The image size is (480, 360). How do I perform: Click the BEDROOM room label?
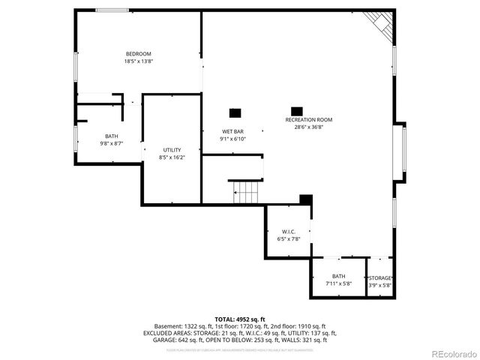point(138,54)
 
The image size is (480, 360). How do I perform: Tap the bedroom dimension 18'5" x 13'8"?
point(138,61)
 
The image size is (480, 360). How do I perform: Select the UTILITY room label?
point(172,150)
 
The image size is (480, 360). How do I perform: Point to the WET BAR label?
point(232,131)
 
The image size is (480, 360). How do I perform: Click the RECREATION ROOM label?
point(308,120)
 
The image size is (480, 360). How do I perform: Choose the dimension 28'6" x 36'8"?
point(308,127)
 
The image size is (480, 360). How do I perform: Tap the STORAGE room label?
point(379,277)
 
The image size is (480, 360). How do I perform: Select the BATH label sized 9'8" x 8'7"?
point(111,136)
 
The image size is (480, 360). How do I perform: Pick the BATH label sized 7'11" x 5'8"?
point(339,276)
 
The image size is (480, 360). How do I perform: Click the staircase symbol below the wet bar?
point(244,193)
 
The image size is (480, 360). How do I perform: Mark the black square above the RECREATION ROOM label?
point(296,110)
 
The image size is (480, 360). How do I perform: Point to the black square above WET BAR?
point(235,113)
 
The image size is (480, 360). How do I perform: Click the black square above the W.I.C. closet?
point(305,199)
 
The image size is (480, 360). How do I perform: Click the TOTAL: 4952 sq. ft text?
point(240,319)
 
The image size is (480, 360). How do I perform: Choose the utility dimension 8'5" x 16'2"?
point(172,157)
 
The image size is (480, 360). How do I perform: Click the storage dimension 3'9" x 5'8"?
point(379,285)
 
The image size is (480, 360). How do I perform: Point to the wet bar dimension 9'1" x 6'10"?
point(232,139)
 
